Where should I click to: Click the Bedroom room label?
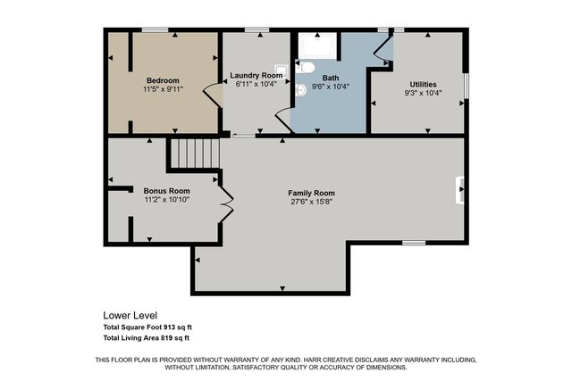click(163, 80)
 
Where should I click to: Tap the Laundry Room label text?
click(257, 75)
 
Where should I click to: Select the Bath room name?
click(331, 78)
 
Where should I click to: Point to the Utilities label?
click(423, 84)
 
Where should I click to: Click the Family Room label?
click(311, 193)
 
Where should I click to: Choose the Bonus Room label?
click(167, 190)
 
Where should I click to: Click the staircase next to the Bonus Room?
click(195, 153)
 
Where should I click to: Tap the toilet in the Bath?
click(306, 67)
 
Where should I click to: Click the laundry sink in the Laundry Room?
click(281, 70)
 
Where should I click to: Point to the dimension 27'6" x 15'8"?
click(311, 202)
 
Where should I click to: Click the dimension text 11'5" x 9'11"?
click(163, 89)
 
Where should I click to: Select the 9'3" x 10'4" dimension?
click(423, 93)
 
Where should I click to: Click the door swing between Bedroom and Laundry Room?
click(212, 95)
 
